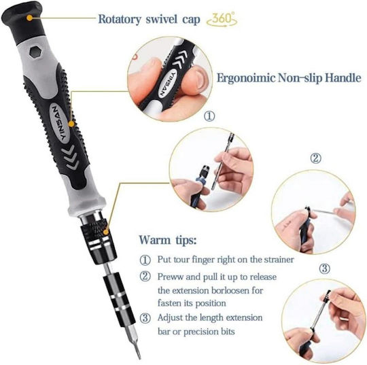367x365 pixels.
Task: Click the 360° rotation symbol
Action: tap(222, 20)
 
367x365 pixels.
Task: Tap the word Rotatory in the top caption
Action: tap(120, 19)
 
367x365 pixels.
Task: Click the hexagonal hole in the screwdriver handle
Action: tap(35, 52)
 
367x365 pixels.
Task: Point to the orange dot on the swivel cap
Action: tap(29, 18)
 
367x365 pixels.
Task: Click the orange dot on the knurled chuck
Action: tap(106, 232)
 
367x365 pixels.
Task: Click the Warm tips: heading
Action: tap(168, 240)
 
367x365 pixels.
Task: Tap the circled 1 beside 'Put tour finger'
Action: tap(145, 260)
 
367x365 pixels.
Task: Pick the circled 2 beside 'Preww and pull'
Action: tap(145, 277)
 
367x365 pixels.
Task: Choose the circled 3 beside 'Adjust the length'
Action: tap(145, 318)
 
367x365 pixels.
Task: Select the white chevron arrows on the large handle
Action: tap(71, 157)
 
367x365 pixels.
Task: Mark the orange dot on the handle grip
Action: tap(71, 124)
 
